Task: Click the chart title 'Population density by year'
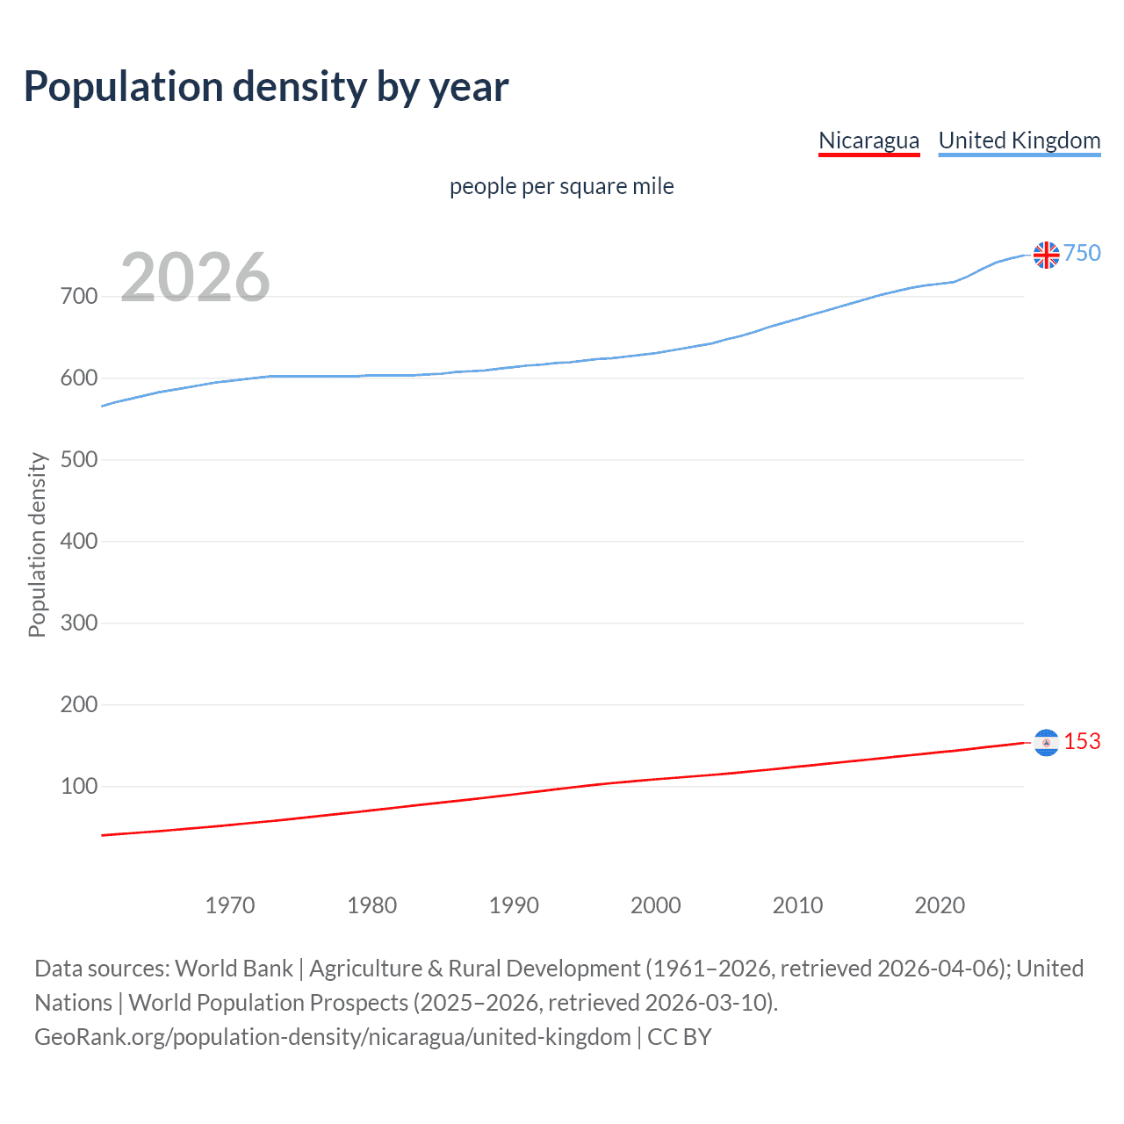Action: (x=266, y=87)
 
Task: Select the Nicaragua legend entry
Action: (x=868, y=140)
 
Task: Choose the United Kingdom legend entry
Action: (x=1019, y=140)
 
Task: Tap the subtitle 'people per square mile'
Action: (x=561, y=187)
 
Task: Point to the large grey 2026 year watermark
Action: (x=195, y=277)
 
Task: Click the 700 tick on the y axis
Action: (x=79, y=297)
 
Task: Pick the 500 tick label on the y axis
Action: (x=79, y=460)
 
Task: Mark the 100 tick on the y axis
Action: (x=79, y=787)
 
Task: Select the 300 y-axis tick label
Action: (x=79, y=623)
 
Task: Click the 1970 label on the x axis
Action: (x=230, y=905)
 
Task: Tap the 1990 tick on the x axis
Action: (x=514, y=905)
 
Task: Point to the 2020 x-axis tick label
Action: (x=940, y=905)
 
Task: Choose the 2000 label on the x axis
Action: (x=656, y=905)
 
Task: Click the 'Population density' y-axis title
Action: (x=37, y=544)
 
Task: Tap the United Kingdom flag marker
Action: (x=1046, y=255)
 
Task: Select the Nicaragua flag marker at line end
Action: (x=1046, y=743)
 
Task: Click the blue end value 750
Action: (x=1082, y=254)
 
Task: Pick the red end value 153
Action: (x=1082, y=742)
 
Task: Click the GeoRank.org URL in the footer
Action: (x=332, y=1037)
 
